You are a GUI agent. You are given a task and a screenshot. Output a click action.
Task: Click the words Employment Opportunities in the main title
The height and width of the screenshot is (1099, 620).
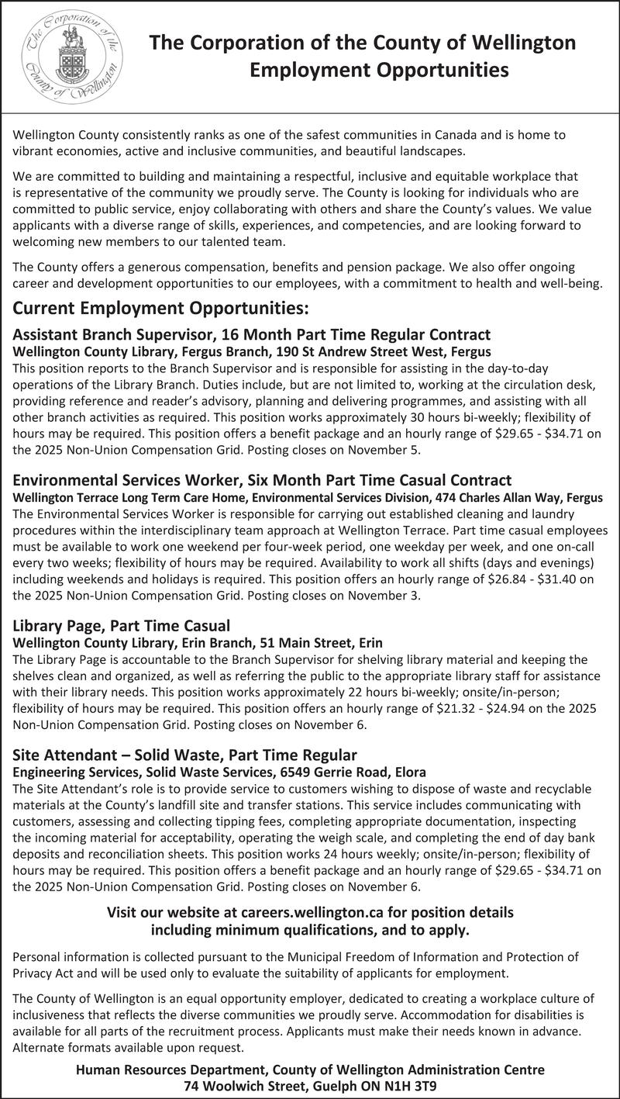point(379,71)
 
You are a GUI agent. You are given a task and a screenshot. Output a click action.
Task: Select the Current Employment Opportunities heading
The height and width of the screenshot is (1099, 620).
point(161,309)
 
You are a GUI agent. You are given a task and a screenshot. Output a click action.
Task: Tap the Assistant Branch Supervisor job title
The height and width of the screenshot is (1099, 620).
point(252,334)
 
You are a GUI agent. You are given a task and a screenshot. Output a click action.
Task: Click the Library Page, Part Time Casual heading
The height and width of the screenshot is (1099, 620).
point(122,625)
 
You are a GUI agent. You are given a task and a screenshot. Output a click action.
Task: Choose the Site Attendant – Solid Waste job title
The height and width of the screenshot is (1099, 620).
point(185,755)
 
